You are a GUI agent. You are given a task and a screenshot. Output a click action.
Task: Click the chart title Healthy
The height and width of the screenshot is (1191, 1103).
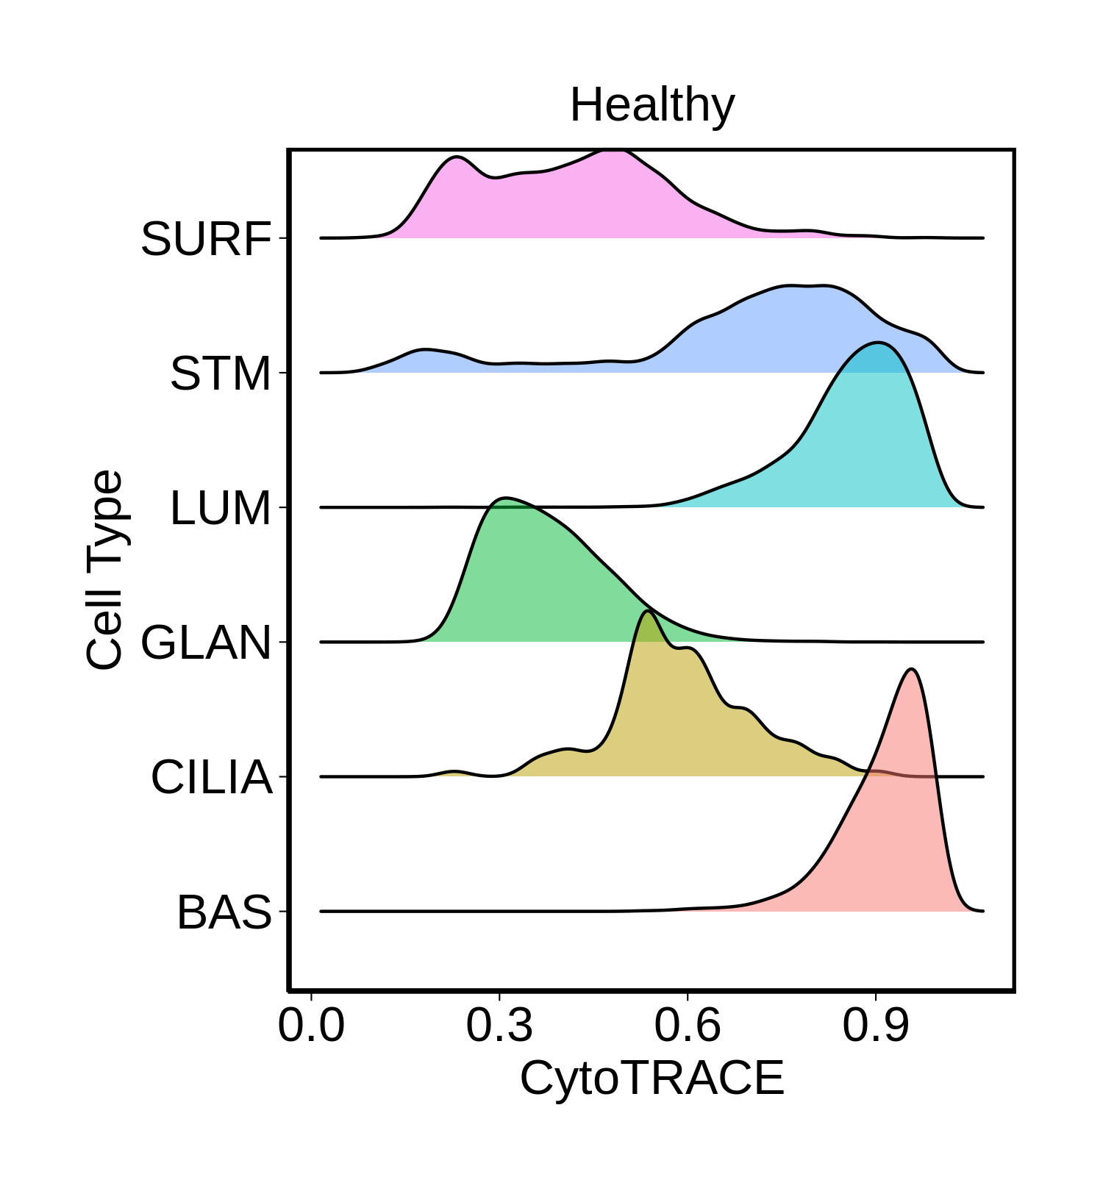click(652, 106)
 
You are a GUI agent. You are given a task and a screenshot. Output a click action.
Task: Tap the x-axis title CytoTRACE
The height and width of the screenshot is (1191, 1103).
click(652, 1079)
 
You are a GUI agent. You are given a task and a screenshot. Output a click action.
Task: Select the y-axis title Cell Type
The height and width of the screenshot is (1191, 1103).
click(105, 570)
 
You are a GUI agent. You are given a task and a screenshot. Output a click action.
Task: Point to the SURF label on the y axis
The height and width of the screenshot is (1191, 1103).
click(206, 239)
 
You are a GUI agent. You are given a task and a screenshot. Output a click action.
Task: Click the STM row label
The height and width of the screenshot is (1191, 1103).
click(221, 373)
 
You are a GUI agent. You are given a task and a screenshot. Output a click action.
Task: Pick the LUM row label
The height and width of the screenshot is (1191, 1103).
click(221, 508)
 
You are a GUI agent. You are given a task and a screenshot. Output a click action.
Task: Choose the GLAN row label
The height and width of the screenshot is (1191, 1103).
click(206, 643)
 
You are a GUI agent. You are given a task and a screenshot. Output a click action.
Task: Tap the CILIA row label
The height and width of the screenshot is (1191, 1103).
click(212, 777)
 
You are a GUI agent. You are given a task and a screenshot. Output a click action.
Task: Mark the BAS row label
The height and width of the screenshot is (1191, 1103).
click(224, 912)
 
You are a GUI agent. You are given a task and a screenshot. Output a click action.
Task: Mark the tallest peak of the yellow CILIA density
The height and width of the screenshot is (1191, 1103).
click(647, 611)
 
